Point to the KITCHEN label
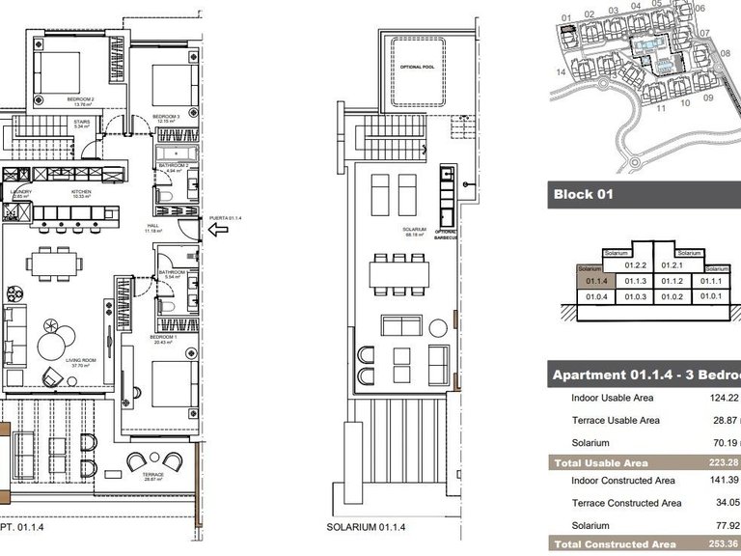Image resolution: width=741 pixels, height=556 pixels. point(81,191)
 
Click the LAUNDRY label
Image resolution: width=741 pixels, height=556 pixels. point(21,191)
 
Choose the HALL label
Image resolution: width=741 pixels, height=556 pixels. point(151,228)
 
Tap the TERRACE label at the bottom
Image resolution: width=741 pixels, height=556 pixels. point(151,475)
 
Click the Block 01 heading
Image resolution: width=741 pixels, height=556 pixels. point(583,194)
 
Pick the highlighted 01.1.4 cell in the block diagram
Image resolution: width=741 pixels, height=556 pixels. point(596,281)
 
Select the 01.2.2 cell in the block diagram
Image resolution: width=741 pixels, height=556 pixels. point(634,265)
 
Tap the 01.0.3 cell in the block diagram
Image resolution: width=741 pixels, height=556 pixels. point(634,296)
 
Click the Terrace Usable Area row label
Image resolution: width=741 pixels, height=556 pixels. point(616,420)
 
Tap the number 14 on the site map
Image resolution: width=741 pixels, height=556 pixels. point(560,71)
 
